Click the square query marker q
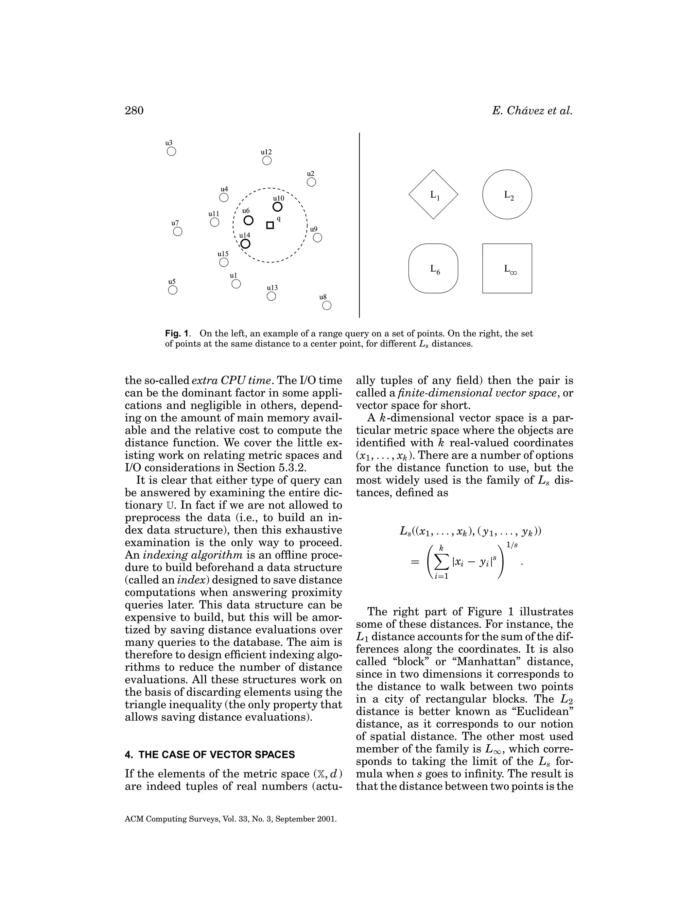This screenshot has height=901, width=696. click(x=270, y=225)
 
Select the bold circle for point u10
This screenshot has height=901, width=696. click(x=278, y=207)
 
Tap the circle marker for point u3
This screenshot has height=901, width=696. click(x=172, y=151)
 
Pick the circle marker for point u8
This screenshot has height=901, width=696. click(x=327, y=306)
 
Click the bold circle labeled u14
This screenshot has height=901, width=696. click(x=245, y=244)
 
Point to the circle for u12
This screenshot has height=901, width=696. click(x=267, y=160)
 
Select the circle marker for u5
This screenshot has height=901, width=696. click(x=173, y=290)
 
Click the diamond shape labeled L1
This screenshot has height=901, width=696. click(x=433, y=194)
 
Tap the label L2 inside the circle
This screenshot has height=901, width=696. click(x=509, y=195)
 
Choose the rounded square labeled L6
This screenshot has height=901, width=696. click(x=433, y=269)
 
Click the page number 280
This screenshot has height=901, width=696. click(x=134, y=111)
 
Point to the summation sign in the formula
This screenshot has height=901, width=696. click(x=441, y=562)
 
